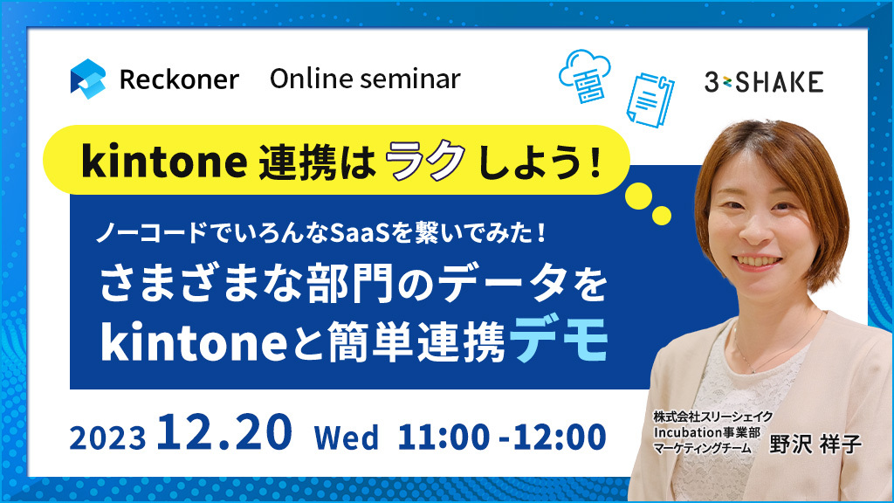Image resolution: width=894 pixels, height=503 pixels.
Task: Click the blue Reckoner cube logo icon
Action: pos(88,79)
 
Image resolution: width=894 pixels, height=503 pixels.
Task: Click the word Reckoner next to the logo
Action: pos(179,79)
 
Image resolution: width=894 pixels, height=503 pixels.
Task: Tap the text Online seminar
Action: pos(365,79)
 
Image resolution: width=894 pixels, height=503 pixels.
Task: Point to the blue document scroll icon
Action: pos(650,100)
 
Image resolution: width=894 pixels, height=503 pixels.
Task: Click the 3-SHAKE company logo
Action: pos(764,82)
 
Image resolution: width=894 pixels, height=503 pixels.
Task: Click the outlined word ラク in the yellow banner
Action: pos(425,161)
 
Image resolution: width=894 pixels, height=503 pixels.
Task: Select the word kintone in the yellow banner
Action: pos(164,162)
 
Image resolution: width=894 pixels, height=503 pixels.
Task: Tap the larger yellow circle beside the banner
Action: pos(638,196)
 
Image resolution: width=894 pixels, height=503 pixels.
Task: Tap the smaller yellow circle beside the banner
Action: pos(662,216)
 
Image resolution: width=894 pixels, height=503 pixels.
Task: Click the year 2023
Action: pos(107,438)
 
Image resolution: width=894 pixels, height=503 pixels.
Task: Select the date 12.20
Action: pos(224,433)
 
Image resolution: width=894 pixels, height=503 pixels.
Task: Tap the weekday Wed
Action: pos(346,438)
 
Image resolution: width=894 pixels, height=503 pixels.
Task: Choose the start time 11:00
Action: pos(444,438)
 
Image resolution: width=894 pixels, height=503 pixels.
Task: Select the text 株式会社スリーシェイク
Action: pos(712,417)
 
